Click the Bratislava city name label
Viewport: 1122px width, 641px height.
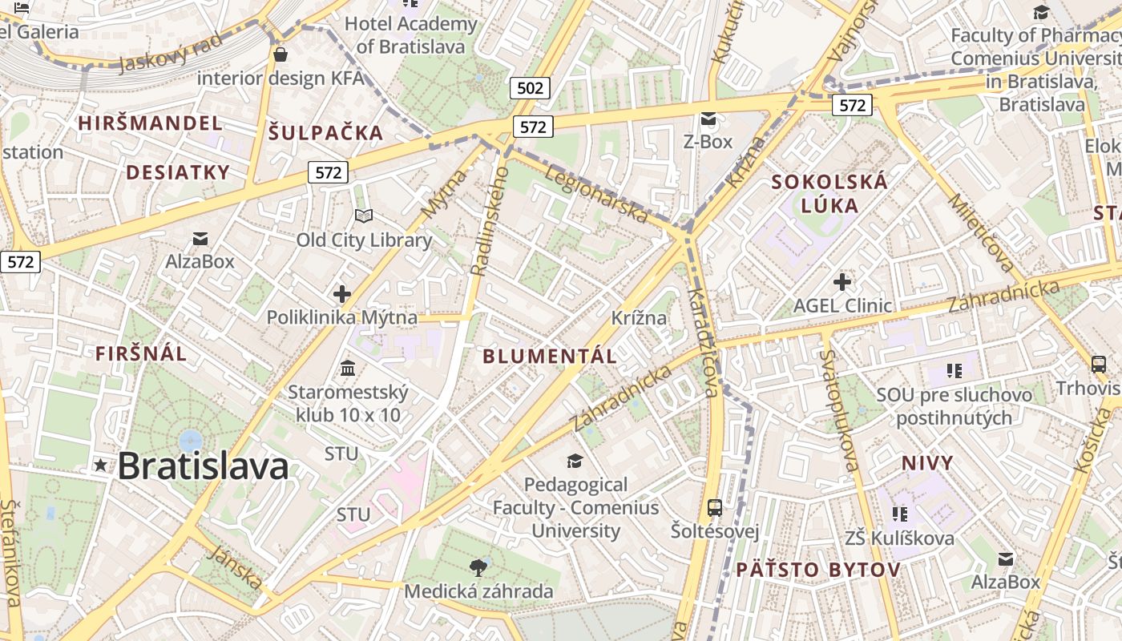tap(203, 466)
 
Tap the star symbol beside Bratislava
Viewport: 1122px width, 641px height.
tap(100, 465)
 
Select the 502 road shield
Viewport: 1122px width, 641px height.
tap(530, 88)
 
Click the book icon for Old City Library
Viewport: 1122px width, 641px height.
tap(364, 216)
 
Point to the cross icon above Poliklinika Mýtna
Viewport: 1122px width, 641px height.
tap(342, 294)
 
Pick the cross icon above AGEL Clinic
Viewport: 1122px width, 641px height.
tap(841, 282)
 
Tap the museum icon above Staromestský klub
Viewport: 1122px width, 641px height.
tap(348, 369)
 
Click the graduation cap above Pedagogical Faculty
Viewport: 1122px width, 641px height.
tap(575, 461)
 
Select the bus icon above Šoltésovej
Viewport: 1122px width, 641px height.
tap(714, 508)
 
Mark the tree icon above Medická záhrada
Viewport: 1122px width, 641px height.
tap(478, 568)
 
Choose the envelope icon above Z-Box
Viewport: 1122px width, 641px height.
tap(708, 119)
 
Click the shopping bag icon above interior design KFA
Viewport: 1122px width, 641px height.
tap(280, 54)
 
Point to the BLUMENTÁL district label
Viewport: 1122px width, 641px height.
tap(550, 357)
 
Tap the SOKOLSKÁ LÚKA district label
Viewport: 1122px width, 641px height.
tap(829, 193)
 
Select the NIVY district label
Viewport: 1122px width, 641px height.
tap(927, 463)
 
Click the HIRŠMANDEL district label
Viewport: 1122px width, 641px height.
tap(150, 123)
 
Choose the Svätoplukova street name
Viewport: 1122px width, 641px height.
tap(839, 410)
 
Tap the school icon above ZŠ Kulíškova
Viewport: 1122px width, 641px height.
tap(899, 514)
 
